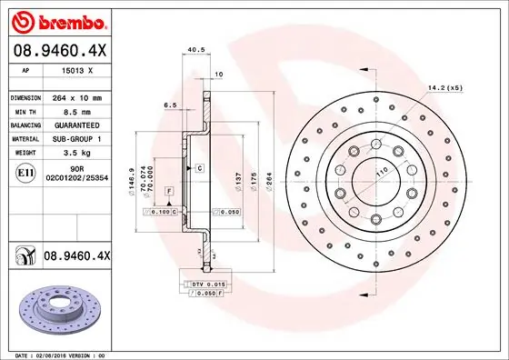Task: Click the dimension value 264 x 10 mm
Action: [89, 97]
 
